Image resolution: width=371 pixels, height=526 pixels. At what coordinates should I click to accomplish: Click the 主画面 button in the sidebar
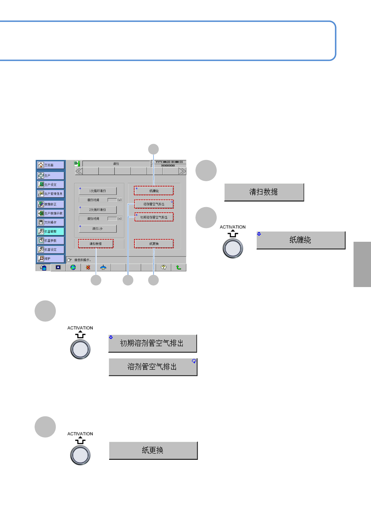click(x=51, y=165)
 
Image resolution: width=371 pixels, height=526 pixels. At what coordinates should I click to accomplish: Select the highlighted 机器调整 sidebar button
click(x=51, y=231)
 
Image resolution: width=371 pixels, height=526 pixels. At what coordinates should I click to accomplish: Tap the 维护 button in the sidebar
click(x=51, y=259)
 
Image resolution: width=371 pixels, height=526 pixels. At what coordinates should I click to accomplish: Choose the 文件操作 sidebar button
click(x=51, y=222)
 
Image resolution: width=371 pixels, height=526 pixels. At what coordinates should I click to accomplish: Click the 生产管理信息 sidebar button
click(x=51, y=194)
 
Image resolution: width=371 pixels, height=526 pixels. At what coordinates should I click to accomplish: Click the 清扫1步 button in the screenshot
click(x=98, y=229)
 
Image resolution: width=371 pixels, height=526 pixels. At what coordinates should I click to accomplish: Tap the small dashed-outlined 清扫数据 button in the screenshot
click(x=96, y=244)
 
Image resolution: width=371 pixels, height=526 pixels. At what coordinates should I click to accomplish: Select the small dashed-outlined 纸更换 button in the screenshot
click(x=154, y=244)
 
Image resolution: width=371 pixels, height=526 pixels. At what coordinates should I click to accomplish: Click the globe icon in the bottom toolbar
click(x=73, y=267)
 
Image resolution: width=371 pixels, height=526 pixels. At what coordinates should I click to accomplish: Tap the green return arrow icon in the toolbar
click(x=178, y=267)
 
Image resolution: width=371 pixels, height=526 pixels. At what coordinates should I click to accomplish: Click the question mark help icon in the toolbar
click(x=163, y=267)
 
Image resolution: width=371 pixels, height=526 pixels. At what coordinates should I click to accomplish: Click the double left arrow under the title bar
click(x=79, y=171)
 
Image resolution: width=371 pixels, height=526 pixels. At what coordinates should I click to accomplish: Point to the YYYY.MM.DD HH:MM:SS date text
click(x=169, y=162)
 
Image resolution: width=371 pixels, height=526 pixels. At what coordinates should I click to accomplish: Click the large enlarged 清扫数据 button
click(x=264, y=192)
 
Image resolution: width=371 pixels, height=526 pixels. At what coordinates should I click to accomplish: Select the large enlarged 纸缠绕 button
click(x=301, y=240)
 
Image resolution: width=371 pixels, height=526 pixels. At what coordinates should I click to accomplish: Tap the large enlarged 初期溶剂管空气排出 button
click(x=152, y=343)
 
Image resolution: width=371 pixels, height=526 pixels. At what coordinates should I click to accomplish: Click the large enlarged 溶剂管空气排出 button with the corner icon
click(x=153, y=367)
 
